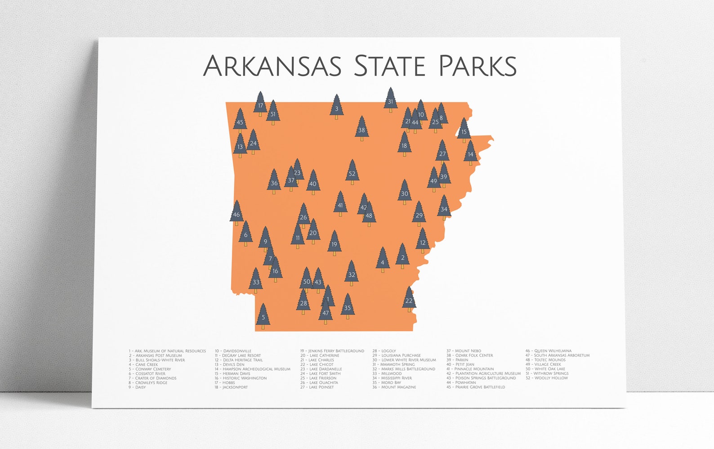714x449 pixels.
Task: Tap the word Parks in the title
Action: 477,66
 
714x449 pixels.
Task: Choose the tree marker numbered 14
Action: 470,153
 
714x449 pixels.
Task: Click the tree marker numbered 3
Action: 336,107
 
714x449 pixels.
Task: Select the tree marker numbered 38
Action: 361,129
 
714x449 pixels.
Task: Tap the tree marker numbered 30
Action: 405,192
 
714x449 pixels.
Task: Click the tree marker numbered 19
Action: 334,243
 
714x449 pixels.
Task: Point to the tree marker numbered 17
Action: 260,104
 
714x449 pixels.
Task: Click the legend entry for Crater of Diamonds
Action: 153,378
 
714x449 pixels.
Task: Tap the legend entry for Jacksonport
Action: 231,387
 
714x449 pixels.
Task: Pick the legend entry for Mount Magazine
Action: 394,387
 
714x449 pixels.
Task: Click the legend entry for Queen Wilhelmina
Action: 549,351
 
